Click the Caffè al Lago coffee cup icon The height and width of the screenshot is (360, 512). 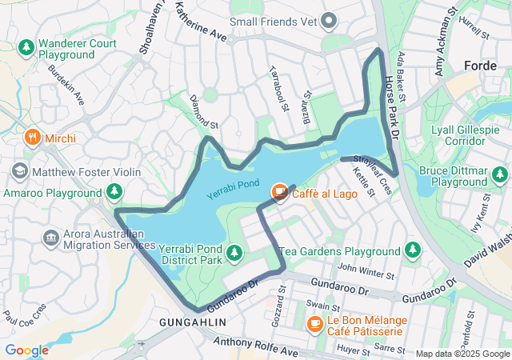tap(279, 191)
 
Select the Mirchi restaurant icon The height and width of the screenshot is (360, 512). tap(33, 138)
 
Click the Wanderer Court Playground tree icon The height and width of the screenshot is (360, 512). tap(26, 48)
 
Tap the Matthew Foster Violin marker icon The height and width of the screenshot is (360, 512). tap(19, 171)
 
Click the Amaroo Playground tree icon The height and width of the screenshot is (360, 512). tap(115, 191)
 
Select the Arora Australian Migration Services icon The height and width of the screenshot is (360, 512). tap(51, 238)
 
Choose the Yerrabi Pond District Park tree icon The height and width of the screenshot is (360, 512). tap(234, 254)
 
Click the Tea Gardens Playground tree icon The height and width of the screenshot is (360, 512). tap(413, 250)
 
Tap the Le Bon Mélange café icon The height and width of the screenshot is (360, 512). tap(315, 324)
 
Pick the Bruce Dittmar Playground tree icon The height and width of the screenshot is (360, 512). tap(500, 174)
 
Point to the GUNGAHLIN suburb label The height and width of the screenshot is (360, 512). tap(193, 322)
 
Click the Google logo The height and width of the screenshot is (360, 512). tap(27, 350)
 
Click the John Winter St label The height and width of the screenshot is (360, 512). tap(366, 270)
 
